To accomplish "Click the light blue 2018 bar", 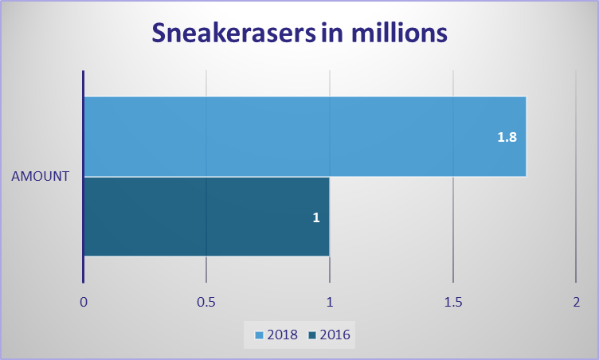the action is [x=305, y=136].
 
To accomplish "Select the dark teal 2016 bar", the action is [x=206, y=217].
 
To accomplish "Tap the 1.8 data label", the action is [x=507, y=137].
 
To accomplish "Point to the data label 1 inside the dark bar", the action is [x=316, y=217].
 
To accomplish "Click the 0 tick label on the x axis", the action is [x=84, y=302].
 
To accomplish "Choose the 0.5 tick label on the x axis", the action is [x=206, y=302].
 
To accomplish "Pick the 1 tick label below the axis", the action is [x=329, y=302].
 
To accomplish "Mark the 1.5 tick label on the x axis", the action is [x=453, y=302].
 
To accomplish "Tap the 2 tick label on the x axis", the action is [x=576, y=302].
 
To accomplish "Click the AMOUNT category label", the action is [x=40, y=176].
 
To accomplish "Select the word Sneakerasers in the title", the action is [x=234, y=33].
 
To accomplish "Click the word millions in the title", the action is [x=399, y=33].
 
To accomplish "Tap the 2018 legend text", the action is [x=282, y=335].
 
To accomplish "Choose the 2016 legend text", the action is [x=335, y=335].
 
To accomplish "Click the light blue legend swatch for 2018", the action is [x=260, y=335].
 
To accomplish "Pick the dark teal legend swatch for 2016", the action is [x=312, y=335].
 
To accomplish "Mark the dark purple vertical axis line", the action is [x=83, y=177].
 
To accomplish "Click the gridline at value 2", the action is [x=576, y=177].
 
